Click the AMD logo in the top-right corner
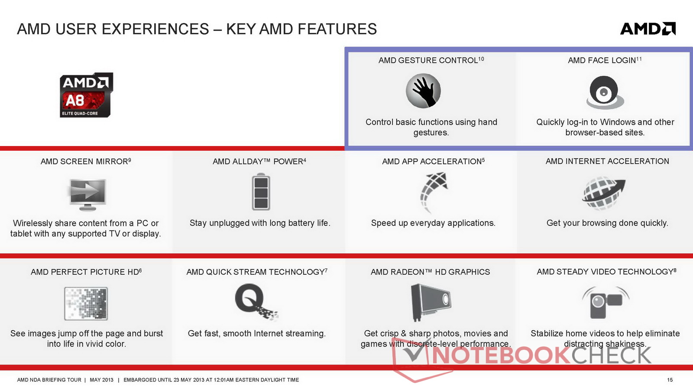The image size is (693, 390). [648, 29]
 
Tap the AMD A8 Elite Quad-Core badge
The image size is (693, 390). [86, 95]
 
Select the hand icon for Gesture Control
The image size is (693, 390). [423, 91]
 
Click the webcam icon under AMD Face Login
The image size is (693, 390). [605, 93]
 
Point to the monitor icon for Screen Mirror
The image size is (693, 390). [88, 195]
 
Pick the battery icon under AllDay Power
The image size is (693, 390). [261, 192]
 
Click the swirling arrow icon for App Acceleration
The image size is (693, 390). [434, 192]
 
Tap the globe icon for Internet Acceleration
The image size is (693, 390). [603, 193]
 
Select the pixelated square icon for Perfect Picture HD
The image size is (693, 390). [86, 303]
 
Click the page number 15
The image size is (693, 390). [670, 380]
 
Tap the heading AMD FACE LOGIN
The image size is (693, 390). [602, 60]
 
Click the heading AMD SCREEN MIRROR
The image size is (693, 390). [84, 162]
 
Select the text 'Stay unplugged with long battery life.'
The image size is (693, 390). [260, 223]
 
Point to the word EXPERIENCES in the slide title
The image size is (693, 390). [155, 29]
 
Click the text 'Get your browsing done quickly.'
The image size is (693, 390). [607, 223]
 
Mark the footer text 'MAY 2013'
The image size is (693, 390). [101, 380]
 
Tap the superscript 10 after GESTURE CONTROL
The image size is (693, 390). [481, 58]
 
